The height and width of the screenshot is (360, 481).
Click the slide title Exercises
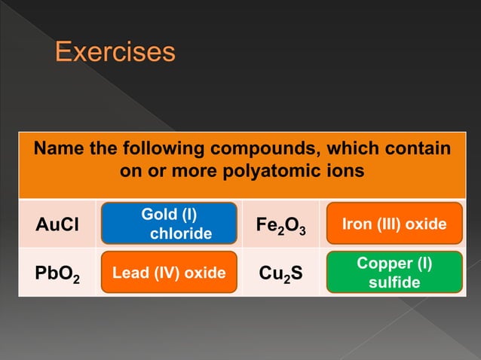[x=115, y=53]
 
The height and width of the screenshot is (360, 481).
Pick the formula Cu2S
[x=281, y=273]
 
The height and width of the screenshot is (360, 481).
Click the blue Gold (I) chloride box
[x=170, y=224]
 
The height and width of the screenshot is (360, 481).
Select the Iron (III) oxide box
[x=394, y=224]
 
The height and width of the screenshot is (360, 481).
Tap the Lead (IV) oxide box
[x=170, y=273]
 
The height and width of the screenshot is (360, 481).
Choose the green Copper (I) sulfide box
[x=394, y=273]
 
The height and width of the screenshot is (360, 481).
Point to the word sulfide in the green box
[x=394, y=283]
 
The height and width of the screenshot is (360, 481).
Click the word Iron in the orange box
[x=357, y=224]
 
